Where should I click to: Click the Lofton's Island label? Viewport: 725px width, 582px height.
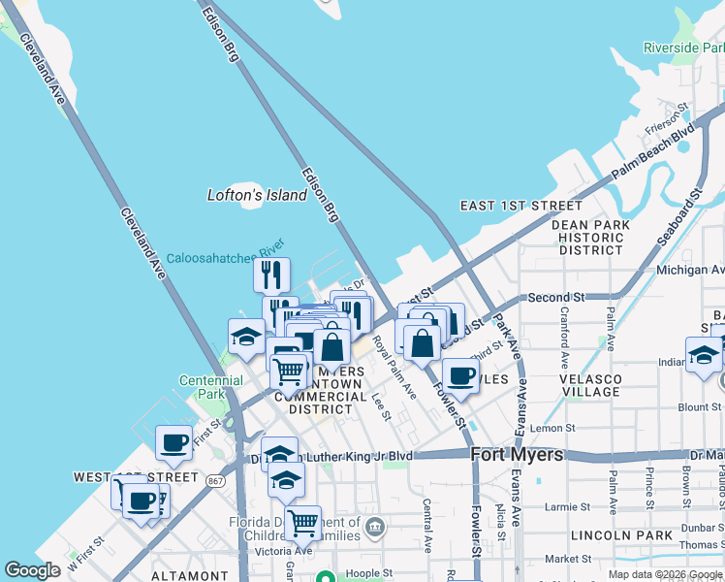(257, 195)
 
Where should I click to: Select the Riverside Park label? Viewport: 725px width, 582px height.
(683, 48)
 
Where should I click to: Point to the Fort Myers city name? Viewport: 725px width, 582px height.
(517, 454)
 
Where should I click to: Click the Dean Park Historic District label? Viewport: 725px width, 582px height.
(590, 238)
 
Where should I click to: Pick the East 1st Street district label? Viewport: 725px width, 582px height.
(520, 206)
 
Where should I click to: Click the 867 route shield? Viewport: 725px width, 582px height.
(215, 478)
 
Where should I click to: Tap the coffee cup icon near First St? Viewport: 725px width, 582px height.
(174, 443)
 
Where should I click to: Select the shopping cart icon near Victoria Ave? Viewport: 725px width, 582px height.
(302, 523)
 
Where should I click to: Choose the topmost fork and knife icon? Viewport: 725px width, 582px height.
(272, 275)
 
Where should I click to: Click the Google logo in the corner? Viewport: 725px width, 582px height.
(33, 570)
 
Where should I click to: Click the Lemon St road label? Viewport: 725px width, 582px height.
(552, 428)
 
